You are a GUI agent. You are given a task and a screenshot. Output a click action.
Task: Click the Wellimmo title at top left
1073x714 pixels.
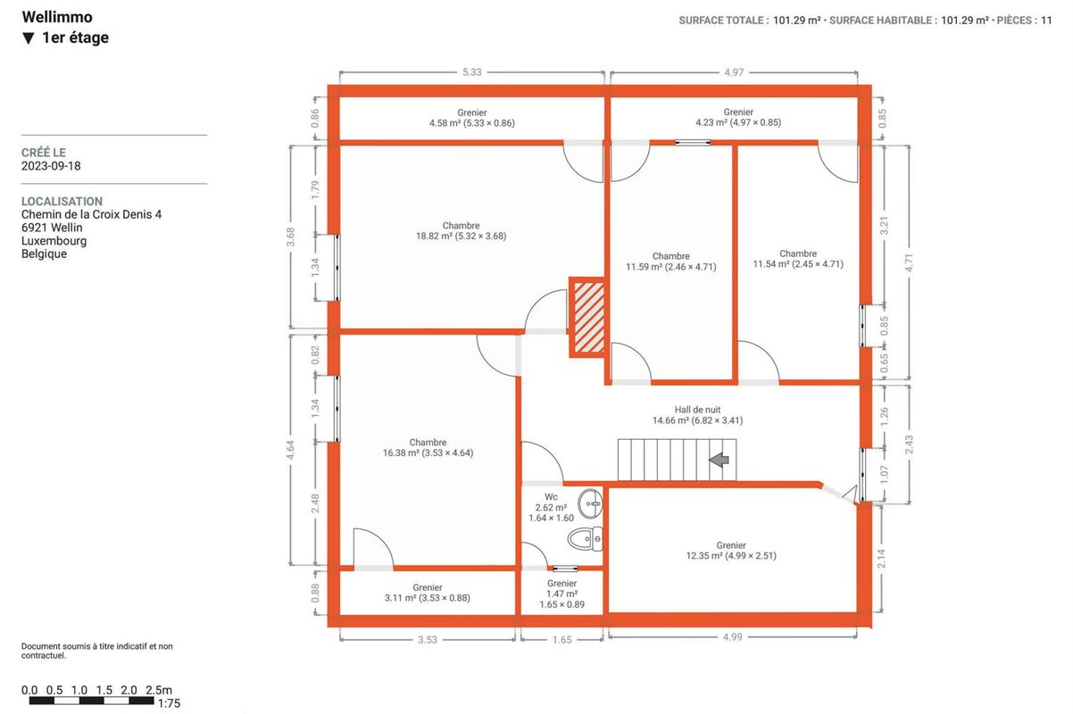click(57, 17)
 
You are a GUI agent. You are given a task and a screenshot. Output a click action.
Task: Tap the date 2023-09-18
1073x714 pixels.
click(51, 166)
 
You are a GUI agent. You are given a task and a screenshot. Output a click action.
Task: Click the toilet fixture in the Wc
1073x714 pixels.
click(585, 539)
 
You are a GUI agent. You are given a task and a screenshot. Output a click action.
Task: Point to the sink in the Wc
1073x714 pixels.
click(590, 503)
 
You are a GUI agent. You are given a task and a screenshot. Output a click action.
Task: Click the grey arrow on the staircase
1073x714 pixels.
click(719, 461)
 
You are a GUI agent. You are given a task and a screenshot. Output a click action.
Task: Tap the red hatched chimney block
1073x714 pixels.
click(587, 317)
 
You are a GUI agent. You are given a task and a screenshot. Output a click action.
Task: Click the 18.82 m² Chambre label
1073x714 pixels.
click(461, 231)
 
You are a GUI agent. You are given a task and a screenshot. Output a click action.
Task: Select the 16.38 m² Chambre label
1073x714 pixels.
click(428, 448)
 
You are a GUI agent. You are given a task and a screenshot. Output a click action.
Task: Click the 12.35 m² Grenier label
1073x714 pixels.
click(731, 551)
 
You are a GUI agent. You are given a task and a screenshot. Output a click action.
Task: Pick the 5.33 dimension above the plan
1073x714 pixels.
click(472, 72)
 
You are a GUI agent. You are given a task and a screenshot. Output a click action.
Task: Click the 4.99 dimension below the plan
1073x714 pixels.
click(732, 637)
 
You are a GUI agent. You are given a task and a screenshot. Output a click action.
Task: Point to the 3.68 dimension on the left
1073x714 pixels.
click(290, 237)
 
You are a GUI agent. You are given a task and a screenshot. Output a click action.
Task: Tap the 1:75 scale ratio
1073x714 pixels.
click(169, 703)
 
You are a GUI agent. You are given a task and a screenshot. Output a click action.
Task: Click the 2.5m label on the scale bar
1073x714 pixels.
click(159, 690)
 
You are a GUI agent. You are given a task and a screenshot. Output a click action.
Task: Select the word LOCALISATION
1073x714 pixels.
click(62, 202)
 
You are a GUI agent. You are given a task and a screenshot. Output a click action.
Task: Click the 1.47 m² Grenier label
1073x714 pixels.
click(561, 594)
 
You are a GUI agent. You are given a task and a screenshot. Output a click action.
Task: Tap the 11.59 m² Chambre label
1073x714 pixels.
click(670, 262)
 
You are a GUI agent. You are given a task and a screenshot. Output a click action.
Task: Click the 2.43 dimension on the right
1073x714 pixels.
click(909, 444)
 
